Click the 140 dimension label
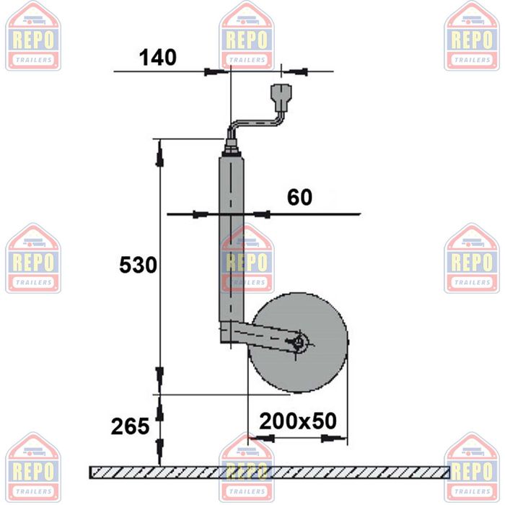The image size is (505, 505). click(157, 57)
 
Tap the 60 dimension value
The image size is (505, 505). click(299, 197)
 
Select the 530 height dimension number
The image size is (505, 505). click(138, 265)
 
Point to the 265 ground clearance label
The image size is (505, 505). click(130, 426)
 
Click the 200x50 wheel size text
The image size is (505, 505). click(298, 421)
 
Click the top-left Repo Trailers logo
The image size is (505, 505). click(33, 36)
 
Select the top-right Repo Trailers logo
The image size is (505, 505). click(471, 36)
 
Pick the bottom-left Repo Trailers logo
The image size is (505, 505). click(33, 467)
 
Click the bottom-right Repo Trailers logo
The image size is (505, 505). click(471, 467)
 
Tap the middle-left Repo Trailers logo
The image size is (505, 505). click(33, 258)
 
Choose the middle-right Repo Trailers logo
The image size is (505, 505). click(471, 258)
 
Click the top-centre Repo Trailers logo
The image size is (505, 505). click(247, 36)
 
